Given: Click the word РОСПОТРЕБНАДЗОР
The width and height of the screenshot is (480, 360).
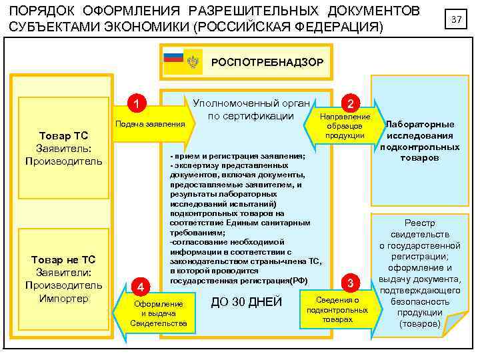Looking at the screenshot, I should [267, 62].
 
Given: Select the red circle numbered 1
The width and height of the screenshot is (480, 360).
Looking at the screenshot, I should [136, 104].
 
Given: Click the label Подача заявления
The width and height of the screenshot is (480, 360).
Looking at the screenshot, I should [150, 124].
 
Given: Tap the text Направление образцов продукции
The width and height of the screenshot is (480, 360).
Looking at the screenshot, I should [345, 126].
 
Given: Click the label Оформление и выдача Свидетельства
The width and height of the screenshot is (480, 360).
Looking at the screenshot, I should [159, 313].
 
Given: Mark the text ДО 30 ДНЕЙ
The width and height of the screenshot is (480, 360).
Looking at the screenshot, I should [247, 303].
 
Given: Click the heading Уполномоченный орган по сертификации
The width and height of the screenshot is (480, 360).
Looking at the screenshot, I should [251, 109].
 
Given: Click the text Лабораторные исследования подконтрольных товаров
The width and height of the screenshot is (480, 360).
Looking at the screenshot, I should [420, 141].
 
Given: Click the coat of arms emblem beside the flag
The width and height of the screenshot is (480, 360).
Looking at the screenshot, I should [193, 62].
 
